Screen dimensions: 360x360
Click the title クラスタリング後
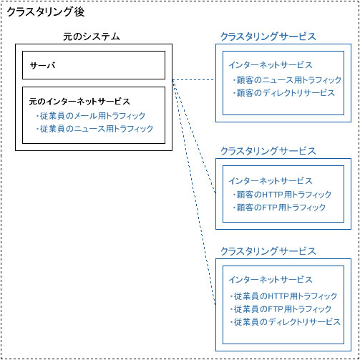click(x=46, y=12)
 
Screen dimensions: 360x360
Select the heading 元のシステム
click(x=92, y=37)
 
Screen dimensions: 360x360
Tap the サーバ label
click(x=43, y=65)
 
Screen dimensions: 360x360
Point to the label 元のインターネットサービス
click(x=79, y=102)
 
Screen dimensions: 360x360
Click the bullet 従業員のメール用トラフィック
click(x=91, y=116)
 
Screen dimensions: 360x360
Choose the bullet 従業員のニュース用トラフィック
click(x=94, y=129)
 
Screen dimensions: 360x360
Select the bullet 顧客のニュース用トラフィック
click(x=287, y=80)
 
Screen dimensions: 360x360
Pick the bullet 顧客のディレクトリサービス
click(x=284, y=93)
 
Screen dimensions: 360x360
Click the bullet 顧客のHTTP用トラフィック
click(x=282, y=195)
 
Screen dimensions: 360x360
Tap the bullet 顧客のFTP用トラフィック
click(x=279, y=208)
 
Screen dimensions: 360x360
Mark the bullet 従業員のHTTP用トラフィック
click(x=283, y=296)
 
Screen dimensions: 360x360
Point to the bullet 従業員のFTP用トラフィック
click(x=281, y=309)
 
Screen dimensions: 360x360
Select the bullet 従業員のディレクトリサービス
click(x=285, y=322)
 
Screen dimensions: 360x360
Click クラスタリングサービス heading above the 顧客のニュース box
click(x=268, y=37)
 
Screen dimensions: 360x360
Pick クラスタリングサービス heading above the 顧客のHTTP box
click(x=268, y=151)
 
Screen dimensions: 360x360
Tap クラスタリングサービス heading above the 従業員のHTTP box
click(x=268, y=251)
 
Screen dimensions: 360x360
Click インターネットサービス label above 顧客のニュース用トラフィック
click(x=271, y=65)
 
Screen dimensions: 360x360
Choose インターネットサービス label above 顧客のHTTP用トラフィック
click(x=271, y=181)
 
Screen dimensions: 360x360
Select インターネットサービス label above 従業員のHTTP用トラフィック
click(x=271, y=280)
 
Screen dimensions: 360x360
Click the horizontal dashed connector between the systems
click(x=194, y=80)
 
